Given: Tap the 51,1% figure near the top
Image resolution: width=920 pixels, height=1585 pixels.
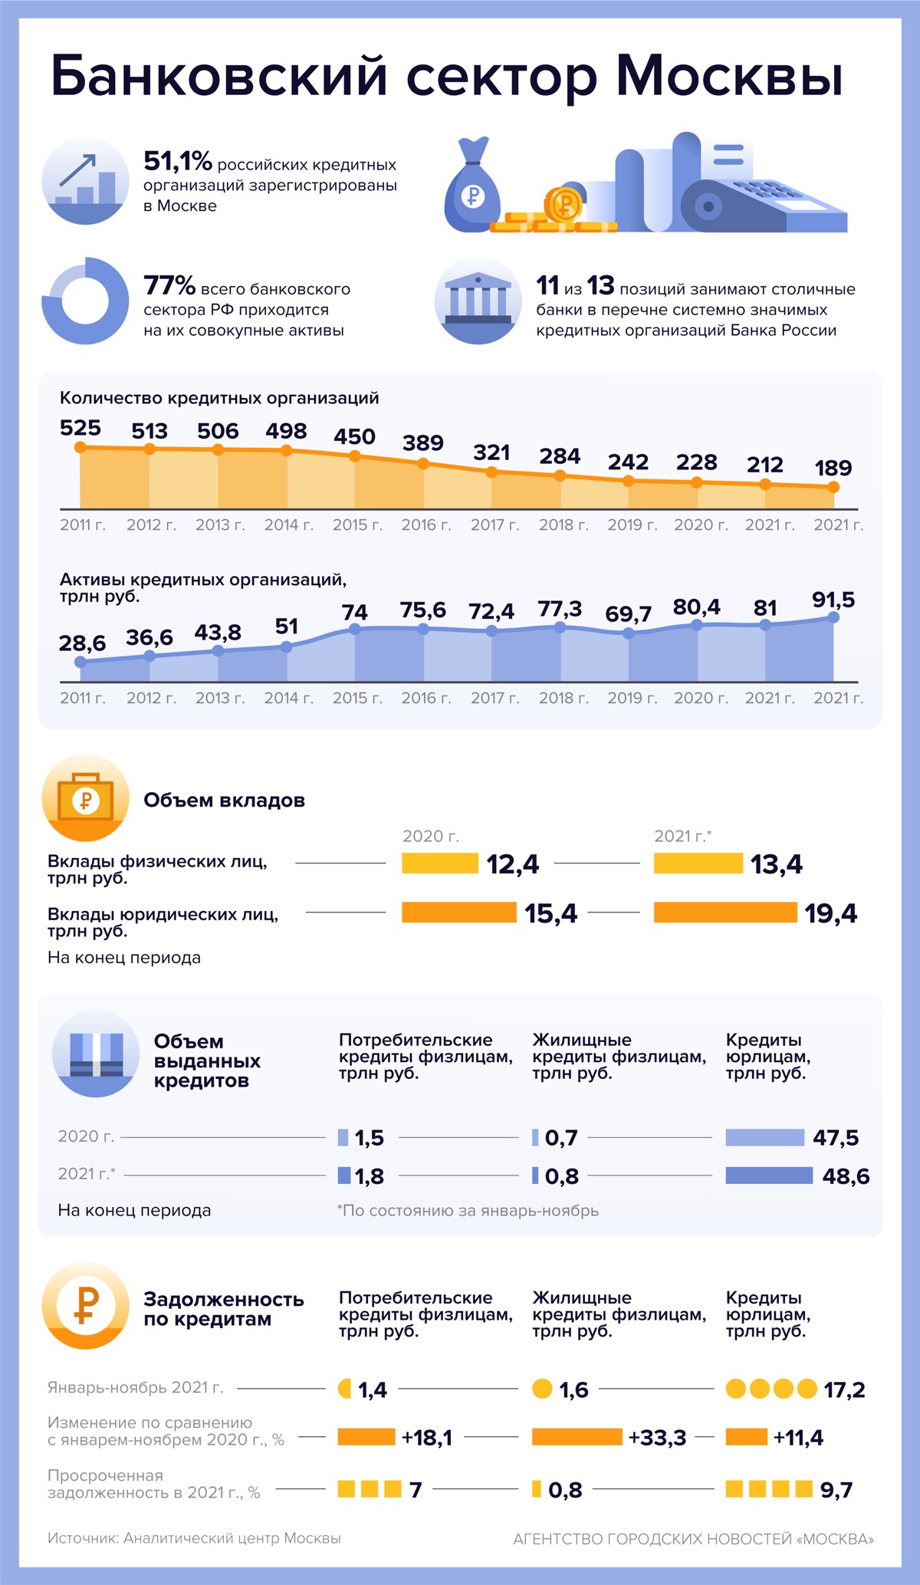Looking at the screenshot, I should (x=177, y=161).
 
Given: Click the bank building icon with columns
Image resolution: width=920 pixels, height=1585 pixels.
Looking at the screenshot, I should (x=478, y=301).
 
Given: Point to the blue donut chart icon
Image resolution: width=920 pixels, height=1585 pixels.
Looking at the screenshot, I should (x=85, y=301).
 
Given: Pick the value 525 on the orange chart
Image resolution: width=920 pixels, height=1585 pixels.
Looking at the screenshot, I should (x=80, y=428).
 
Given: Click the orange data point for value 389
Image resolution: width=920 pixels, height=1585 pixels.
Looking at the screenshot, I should (x=423, y=464).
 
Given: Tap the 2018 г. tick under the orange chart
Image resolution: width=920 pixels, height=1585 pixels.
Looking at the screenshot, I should (x=563, y=525).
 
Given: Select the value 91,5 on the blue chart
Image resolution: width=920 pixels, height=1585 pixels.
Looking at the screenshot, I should (x=833, y=600).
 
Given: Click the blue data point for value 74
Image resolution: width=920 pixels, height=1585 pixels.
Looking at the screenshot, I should (x=355, y=629).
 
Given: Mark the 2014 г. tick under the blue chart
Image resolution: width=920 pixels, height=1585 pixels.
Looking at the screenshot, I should (x=289, y=698).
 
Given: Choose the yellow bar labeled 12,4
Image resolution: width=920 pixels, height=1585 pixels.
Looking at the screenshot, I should (x=440, y=863).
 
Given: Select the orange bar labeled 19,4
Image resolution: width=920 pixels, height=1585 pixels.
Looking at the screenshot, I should (x=725, y=913).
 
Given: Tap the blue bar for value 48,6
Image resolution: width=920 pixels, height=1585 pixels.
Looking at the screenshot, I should (x=769, y=1176).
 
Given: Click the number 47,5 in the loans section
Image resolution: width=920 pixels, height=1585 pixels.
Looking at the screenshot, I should (x=836, y=1138).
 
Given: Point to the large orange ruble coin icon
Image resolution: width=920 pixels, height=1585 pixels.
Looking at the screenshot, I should (x=85, y=1305).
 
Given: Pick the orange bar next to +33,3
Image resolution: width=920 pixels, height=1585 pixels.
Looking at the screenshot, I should (x=577, y=1437).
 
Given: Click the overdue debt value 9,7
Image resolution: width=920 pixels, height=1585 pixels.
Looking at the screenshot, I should (x=836, y=1490).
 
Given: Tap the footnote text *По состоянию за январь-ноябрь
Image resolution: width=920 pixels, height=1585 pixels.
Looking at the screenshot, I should (x=468, y=1211).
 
